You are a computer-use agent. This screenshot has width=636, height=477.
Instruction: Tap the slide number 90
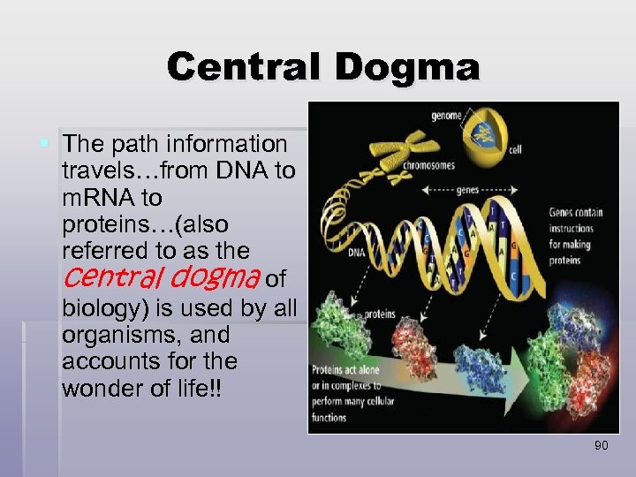click(601, 446)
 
